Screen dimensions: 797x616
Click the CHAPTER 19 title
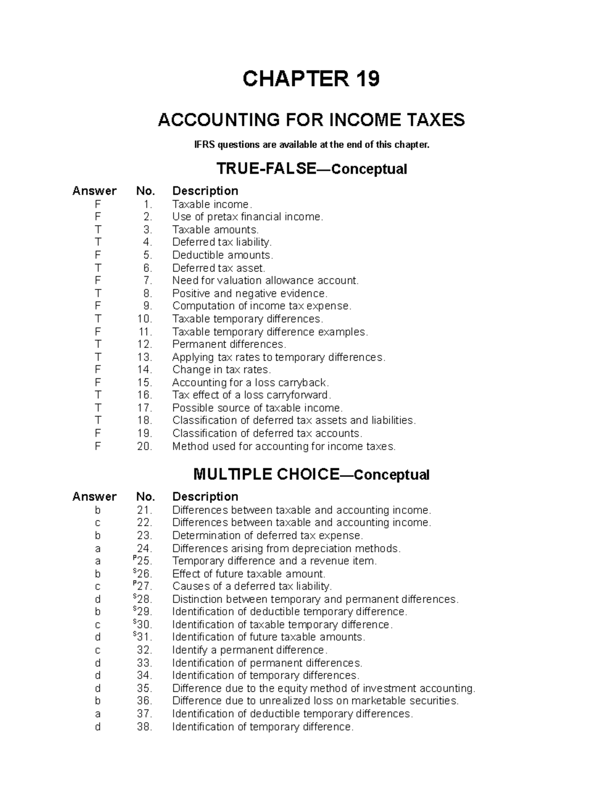311,79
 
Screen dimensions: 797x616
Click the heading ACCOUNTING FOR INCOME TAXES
311,120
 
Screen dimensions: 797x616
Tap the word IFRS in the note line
205,145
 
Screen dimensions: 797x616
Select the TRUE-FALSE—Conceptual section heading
311,169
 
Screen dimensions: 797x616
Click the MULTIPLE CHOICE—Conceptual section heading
311,475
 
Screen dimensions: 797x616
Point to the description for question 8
249,294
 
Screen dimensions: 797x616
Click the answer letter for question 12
98,344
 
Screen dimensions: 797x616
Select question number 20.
145,446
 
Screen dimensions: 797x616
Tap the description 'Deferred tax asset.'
219,268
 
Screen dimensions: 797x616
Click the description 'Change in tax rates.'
221,370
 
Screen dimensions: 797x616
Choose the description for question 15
250,383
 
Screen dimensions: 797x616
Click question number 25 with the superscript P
143,561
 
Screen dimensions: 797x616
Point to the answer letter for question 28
98,599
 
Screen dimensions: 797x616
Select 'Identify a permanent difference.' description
249,650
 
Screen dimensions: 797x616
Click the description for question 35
323,688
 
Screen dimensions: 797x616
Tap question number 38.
145,727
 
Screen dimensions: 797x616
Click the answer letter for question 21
98,510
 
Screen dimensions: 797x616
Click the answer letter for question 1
98,204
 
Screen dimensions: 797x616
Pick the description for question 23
267,536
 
